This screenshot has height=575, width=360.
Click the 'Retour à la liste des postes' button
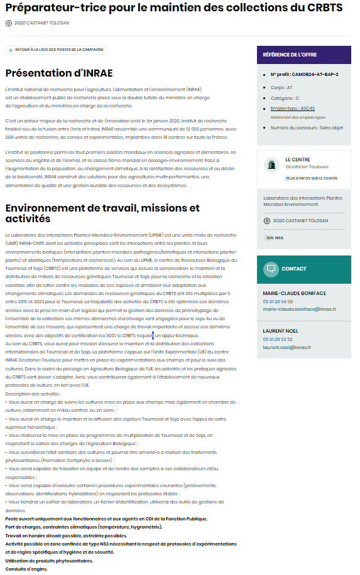click(x=56, y=50)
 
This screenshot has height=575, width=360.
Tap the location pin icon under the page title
click(x=8, y=23)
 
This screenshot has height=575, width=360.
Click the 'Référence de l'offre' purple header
click(x=303, y=55)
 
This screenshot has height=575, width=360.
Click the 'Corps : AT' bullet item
click(x=281, y=88)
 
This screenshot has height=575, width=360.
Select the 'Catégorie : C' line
click(x=285, y=98)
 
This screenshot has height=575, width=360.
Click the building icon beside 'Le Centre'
click(x=272, y=164)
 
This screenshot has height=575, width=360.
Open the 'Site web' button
click(x=275, y=238)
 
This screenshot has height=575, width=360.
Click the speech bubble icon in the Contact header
click(x=271, y=269)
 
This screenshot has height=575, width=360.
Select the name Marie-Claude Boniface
click(x=295, y=293)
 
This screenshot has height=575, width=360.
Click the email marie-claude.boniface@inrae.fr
click(x=300, y=309)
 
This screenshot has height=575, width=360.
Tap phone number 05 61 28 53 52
click(x=278, y=339)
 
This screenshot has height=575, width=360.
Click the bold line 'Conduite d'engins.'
click(x=26, y=569)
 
